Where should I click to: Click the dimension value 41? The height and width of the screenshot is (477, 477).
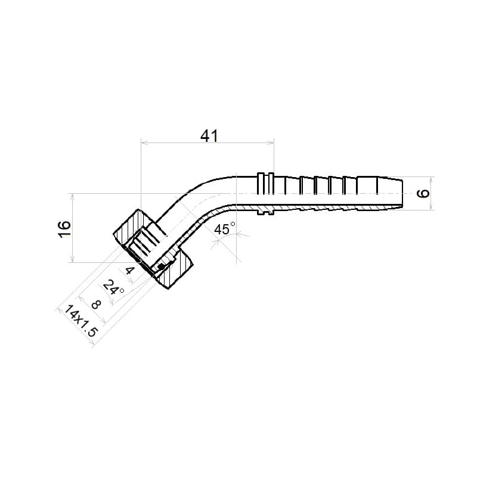(209, 136)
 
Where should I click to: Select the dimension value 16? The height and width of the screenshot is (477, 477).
(64, 230)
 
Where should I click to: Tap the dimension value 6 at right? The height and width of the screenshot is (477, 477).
(423, 193)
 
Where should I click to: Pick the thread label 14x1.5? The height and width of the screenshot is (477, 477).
(80, 321)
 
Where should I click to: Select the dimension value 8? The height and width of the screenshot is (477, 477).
(96, 304)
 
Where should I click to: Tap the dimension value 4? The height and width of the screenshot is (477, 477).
(129, 270)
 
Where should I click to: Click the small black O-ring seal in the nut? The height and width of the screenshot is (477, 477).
(161, 267)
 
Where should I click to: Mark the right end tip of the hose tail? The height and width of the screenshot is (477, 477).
(402, 193)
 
